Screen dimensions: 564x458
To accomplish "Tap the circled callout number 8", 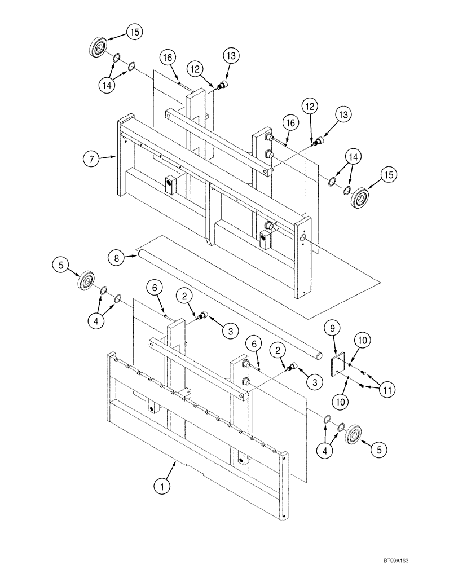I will pos(116,258).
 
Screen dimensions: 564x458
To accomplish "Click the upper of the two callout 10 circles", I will pos(362,340).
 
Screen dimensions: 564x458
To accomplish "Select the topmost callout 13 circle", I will pos(232,55).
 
